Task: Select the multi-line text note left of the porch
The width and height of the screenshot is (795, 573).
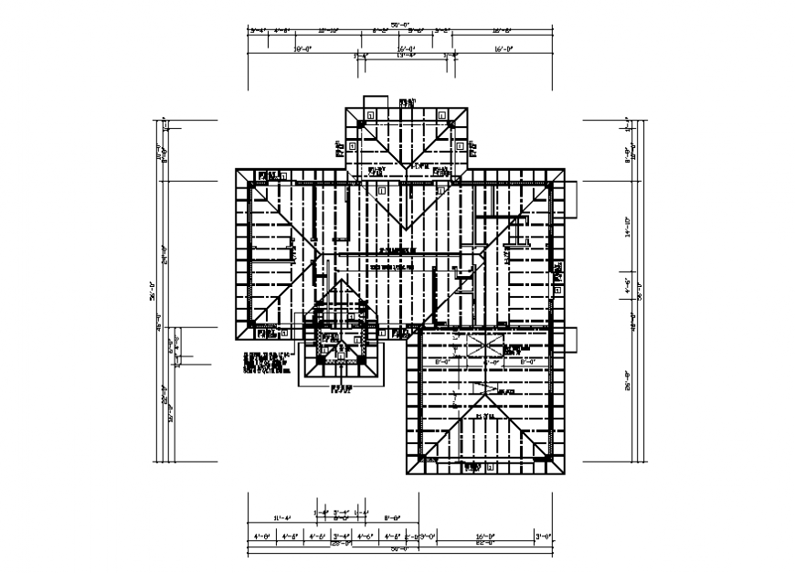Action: pyautogui.click(x=266, y=364)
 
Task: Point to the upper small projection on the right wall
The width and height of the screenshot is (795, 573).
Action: pyautogui.click(x=570, y=200)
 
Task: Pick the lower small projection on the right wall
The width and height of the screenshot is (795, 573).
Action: pyautogui.click(x=570, y=338)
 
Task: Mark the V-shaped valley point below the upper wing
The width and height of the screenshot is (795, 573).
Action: pyautogui.click(x=405, y=228)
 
